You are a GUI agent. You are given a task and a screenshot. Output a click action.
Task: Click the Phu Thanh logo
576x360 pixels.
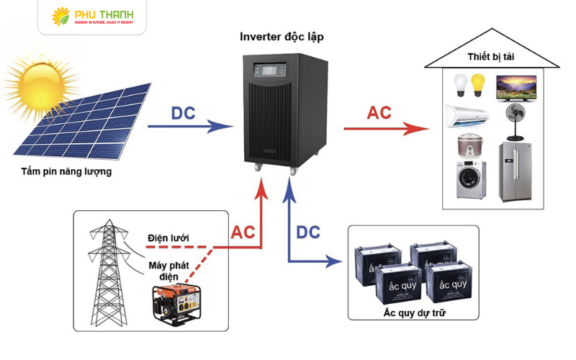pos(92,17)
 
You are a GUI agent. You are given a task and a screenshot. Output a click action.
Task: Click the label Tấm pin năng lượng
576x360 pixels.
pos(66,172)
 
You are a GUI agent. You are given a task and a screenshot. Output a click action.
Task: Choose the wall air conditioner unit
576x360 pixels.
pos(466,114)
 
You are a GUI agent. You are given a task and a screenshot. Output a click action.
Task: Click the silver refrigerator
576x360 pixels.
pos(516,171)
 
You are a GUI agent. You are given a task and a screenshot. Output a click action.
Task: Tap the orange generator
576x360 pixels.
pos(173,303)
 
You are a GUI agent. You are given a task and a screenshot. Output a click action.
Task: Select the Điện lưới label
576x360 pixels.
pos(173,238)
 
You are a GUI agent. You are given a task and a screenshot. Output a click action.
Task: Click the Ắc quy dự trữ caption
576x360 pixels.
pos(413,312)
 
